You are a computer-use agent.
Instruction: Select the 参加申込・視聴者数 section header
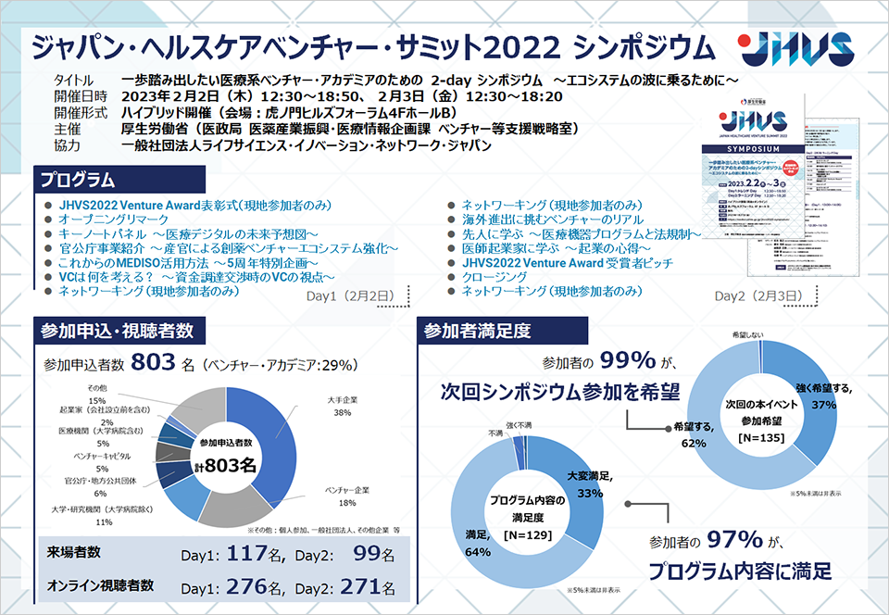point(117,330)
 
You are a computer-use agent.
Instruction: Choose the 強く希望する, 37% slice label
point(822,396)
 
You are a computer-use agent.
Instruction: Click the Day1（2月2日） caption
point(350,296)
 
